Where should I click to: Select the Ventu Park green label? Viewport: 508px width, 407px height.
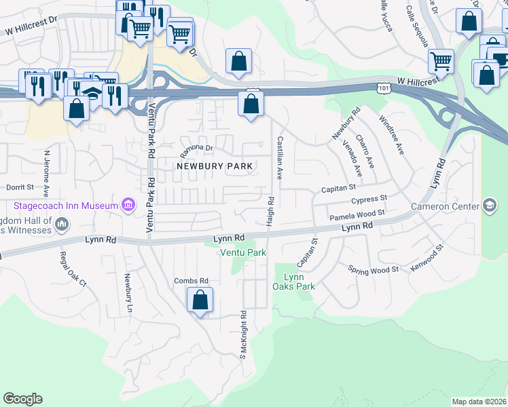[242, 252]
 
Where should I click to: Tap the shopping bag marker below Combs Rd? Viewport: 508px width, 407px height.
[200, 300]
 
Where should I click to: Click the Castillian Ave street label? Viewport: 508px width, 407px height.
[278, 157]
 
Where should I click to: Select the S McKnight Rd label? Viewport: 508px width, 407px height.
[242, 335]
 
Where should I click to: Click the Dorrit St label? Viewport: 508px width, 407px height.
[20, 187]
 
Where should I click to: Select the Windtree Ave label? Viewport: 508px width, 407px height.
[392, 135]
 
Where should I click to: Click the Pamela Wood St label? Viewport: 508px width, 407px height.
[357, 216]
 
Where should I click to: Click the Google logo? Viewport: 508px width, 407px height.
[22, 399]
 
